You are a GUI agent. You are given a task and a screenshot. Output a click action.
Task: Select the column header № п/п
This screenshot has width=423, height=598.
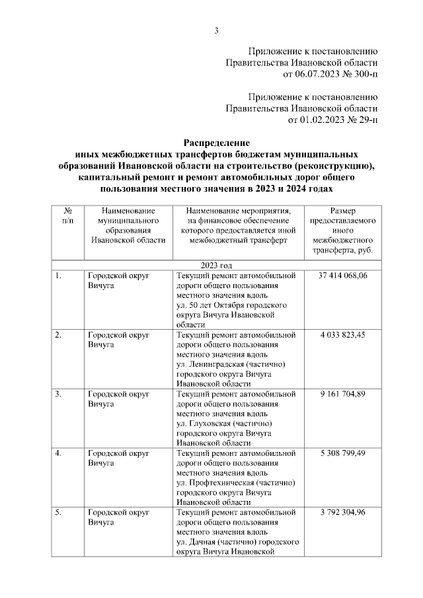[67, 215]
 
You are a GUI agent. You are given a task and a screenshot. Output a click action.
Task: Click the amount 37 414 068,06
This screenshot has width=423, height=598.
[343, 276]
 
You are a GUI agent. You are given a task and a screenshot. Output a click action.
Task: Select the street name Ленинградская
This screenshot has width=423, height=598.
[219, 365]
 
